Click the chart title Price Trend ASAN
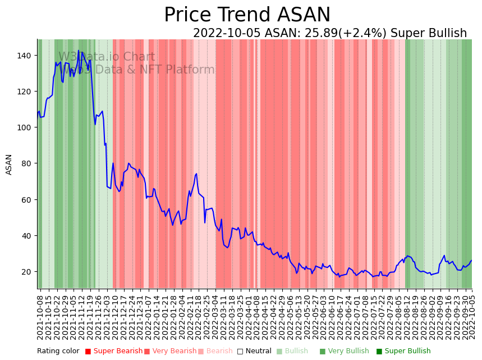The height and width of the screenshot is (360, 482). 247,15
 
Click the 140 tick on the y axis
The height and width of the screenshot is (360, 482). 25,55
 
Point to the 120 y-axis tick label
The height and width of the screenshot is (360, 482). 25,91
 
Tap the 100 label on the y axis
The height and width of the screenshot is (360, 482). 25,127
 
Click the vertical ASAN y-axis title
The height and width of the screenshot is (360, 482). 9,165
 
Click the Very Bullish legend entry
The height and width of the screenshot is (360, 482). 344,351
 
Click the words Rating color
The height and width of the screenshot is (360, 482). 58,351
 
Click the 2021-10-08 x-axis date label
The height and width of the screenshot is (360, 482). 40,317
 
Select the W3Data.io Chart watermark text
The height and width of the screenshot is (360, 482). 107,57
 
